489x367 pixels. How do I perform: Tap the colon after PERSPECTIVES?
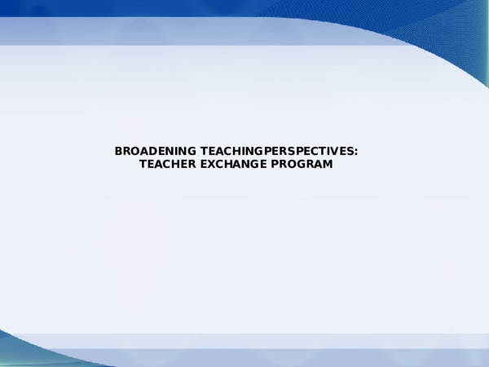(356, 153)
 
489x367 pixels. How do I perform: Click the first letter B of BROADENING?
(119, 152)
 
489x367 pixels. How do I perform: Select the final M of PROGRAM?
(328, 165)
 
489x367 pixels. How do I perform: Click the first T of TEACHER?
(143, 165)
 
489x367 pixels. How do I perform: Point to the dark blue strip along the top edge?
(163, 7)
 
